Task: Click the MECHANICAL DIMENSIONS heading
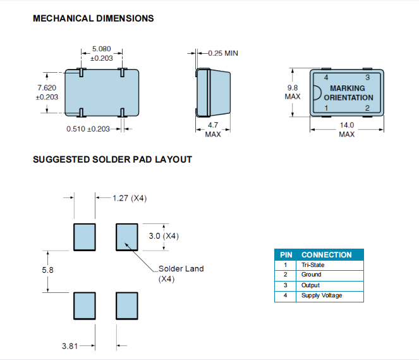pos(93,18)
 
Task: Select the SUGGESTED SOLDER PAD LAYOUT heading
pos(112,159)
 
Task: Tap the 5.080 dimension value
pos(102,49)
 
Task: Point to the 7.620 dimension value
pos(47,87)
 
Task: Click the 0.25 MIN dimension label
pos(219,53)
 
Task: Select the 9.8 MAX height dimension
pos(293,92)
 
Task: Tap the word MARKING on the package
pos(348,89)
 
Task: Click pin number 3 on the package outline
pos(367,77)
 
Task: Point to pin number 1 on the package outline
pos(326,108)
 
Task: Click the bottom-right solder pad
pos(126,306)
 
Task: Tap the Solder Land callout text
pos(181,269)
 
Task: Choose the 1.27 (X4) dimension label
pos(130,198)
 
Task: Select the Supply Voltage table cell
pos(321,295)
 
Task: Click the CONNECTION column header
pos(326,254)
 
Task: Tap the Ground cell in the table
pos(311,275)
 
